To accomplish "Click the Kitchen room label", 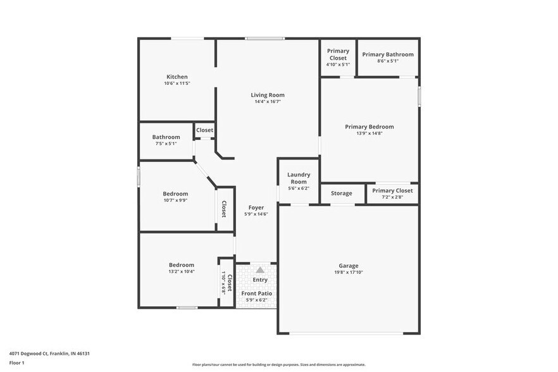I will pos(177,77).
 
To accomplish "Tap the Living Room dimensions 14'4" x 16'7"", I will pos(268,101).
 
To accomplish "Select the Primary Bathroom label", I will pos(388,54).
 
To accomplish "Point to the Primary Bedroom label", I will pos(369,127).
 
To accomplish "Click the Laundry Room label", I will pos(299,178).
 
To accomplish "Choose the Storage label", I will pos(342,193).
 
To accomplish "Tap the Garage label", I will pos(348,266).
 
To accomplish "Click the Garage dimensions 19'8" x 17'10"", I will pos(348,273).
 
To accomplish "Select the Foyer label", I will pos(256,208).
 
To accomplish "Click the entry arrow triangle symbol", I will pos(260,270).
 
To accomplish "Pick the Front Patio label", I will pos(256,294).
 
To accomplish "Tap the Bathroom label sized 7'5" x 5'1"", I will pos(166,137).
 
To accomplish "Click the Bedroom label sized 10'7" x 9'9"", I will pos(175,194).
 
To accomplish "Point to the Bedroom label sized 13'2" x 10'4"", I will pos(181,265).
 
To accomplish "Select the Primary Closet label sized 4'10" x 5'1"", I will pos(338,54).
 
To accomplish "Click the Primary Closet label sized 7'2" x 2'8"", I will pos(392,190).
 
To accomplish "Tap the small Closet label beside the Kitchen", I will pos(204,130).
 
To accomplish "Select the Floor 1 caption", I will pos(16,363).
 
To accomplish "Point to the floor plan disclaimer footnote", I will pos(278,364).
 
